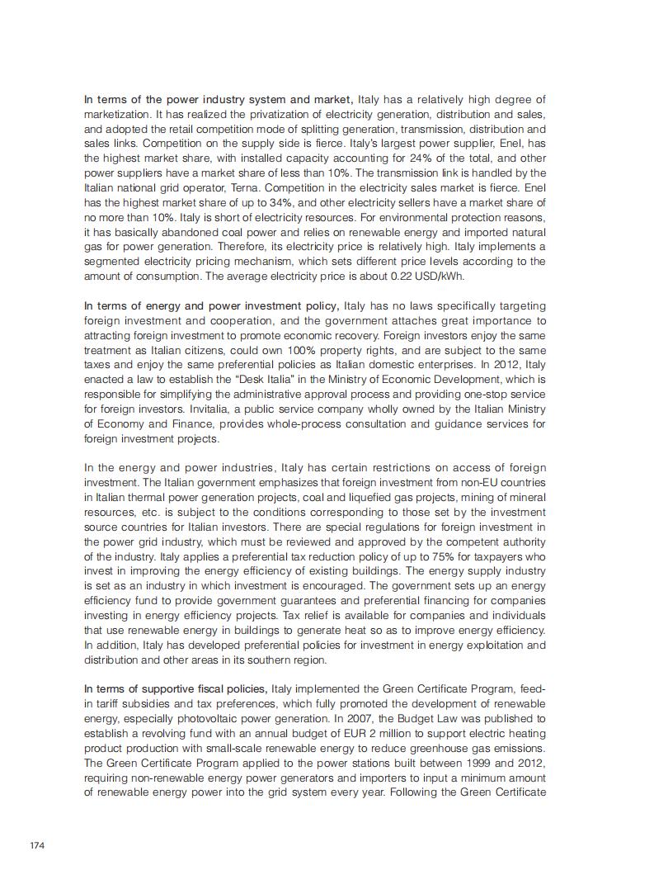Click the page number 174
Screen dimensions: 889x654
pyautogui.click(x=36, y=845)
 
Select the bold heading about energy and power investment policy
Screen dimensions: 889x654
pyautogui.click(x=212, y=305)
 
